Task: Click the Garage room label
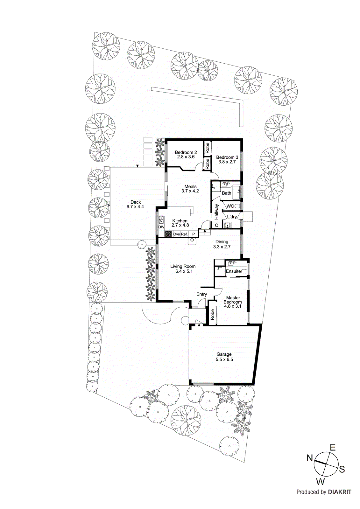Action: tap(224, 354)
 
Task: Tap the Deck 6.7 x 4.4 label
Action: tap(135, 204)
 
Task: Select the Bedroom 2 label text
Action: tap(186, 152)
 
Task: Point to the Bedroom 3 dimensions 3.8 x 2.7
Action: tap(227, 162)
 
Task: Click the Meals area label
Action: tap(190, 187)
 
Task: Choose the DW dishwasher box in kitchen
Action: tap(161, 227)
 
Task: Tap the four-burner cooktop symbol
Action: tap(168, 234)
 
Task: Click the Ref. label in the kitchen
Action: tap(184, 234)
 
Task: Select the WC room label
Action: tap(230, 206)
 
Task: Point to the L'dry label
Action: tap(232, 217)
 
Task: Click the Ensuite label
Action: tap(233, 271)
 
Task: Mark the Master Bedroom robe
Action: tap(212, 315)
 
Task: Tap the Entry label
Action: tap(201, 294)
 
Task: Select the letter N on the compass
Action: tap(310, 458)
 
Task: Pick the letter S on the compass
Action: tap(342, 469)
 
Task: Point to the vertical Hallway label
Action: tap(216, 212)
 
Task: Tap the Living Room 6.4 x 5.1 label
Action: tap(183, 269)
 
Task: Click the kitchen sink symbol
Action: tap(161, 219)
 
